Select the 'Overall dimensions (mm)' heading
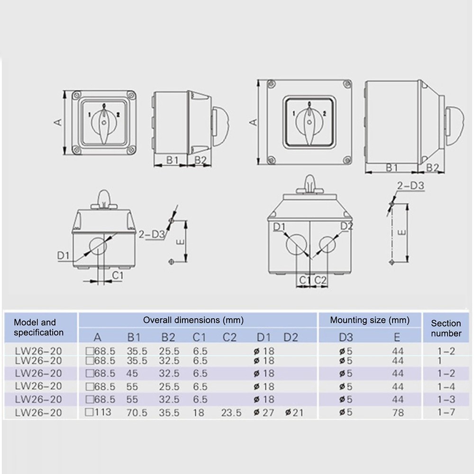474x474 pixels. [x=193, y=320]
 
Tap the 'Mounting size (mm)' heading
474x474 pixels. [x=370, y=320]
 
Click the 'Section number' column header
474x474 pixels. [x=446, y=328]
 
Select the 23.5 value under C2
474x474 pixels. [x=231, y=412]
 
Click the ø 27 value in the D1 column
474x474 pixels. [x=264, y=412]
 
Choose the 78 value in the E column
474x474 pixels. [x=398, y=412]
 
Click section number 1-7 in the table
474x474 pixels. [x=446, y=412]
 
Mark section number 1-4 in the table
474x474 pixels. [x=446, y=387]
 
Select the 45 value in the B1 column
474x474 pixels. [x=133, y=374]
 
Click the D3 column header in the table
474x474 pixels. [x=346, y=337]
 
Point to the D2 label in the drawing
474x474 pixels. [x=347, y=226]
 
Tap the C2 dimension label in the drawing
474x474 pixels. [x=321, y=280]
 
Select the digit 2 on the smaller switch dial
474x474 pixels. [x=118, y=114]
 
